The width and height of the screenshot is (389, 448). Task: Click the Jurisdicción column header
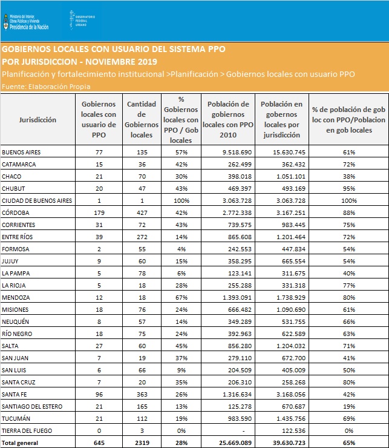[x=38, y=120]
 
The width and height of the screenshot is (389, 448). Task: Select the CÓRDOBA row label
[x=15, y=213]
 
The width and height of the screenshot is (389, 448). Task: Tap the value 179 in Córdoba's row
[x=99, y=213]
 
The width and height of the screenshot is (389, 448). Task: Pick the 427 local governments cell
[x=142, y=213]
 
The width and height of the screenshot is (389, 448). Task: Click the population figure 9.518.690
[x=237, y=153]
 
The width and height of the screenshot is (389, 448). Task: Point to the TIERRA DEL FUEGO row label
[x=27, y=431]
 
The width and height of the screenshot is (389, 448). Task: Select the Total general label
[x=20, y=443]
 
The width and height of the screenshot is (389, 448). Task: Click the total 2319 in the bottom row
[x=142, y=443]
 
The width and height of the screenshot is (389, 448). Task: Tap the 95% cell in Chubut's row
[x=349, y=188]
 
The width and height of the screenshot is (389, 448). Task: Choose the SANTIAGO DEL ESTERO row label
[x=32, y=407]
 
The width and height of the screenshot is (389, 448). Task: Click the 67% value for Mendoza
[x=181, y=298]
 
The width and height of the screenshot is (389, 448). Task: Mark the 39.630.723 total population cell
[x=289, y=443]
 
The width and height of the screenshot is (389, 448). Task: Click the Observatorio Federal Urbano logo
[x=82, y=21]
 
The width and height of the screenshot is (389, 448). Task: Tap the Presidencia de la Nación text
[x=29, y=27]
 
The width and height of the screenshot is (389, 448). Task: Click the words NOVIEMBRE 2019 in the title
[x=122, y=62]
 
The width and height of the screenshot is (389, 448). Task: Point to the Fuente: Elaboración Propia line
[x=46, y=87]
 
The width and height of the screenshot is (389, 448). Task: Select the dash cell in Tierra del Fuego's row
[x=243, y=431]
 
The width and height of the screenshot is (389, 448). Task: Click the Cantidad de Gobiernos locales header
[x=142, y=119]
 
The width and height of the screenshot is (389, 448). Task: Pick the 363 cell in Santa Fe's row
[x=142, y=395]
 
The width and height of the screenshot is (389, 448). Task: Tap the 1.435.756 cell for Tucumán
[x=291, y=419]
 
